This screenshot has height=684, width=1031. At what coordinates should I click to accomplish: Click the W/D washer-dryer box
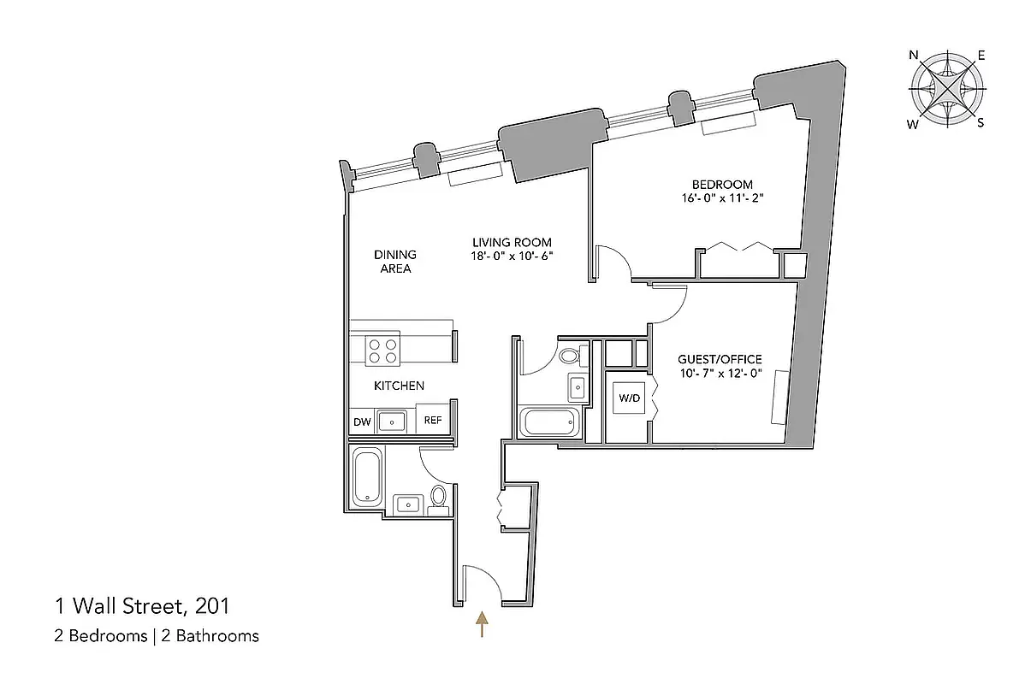tap(630, 397)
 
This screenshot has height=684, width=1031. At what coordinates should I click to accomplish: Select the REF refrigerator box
tap(433, 421)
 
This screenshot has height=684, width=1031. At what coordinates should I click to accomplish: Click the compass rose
tap(946, 89)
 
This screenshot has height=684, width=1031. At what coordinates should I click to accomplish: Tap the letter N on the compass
tap(913, 56)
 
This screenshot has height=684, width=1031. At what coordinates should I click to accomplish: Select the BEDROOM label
tap(722, 185)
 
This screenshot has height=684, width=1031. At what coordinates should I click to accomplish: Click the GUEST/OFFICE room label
tap(719, 359)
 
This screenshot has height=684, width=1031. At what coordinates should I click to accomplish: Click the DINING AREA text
tap(394, 262)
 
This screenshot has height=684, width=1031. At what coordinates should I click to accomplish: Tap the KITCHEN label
tap(399, 386)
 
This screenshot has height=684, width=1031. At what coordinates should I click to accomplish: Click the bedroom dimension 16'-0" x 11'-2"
tap(722, 200)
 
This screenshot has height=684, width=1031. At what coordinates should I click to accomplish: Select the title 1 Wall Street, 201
tap(142, 607)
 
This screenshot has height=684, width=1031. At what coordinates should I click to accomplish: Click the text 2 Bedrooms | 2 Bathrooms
tap(157, 635)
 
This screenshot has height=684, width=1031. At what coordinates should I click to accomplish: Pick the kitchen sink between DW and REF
tap(393, 421)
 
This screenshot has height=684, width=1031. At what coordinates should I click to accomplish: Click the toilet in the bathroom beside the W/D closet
tap(570, 356)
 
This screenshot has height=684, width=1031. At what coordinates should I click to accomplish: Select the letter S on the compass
tap(981, 122)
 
